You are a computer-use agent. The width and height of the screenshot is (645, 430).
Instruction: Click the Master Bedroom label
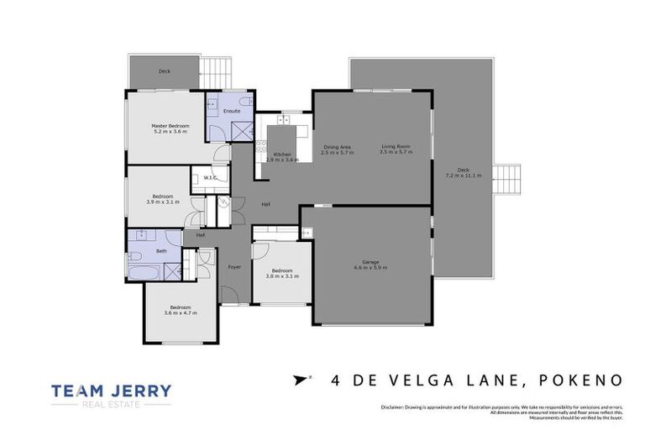tap(170, 125)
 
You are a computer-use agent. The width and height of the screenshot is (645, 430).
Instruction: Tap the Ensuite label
tap(232, 111)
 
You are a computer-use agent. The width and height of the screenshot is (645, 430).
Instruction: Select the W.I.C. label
tap(210, 177)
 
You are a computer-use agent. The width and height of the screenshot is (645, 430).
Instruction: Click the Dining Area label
tap(337, 146)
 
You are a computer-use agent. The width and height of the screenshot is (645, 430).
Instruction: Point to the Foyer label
tap(234, 267)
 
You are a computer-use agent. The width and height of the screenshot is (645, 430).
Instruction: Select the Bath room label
tap(160, 250)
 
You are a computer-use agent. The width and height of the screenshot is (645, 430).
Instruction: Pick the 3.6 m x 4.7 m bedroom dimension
tap(181, 312)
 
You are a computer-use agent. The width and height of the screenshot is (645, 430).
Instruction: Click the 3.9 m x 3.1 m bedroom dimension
tap(163, 202)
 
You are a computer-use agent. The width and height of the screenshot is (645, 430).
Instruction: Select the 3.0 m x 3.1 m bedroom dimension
tap(282, 275)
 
